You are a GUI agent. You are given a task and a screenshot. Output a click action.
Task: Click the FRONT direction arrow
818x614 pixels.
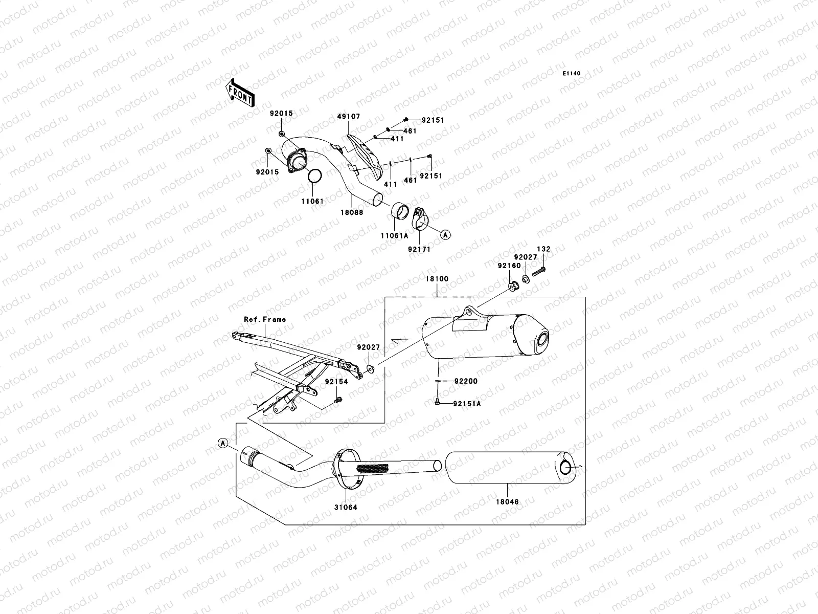tap(240, 93)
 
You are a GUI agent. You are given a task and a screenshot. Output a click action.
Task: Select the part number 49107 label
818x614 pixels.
tap(349, 117)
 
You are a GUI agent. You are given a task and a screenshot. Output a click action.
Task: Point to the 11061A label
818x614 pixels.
tap(394, 236)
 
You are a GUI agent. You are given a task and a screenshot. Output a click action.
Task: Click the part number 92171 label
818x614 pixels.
tap(419, 249)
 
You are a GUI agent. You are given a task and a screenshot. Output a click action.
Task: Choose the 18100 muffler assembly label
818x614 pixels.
tap(437, 279)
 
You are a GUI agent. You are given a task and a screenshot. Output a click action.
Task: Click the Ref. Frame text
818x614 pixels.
tap(265, 319)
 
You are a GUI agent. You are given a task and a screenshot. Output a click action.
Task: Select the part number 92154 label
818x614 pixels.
tap(335, 382)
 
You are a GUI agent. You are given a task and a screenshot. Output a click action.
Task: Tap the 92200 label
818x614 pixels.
tap(466, 381)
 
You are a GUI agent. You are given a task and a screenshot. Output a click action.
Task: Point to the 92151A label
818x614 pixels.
tap(467, 404)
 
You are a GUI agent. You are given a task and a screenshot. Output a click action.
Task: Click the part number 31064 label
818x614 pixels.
tap(346, 508)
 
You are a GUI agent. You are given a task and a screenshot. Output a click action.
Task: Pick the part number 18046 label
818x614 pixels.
tap(507, 502)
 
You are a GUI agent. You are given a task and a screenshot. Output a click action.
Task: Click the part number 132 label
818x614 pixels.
tap(543, 249)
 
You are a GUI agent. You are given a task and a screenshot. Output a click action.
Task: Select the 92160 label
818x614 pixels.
tap(509, 266)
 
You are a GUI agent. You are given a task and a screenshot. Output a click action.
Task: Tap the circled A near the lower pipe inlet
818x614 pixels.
tap(222, 443)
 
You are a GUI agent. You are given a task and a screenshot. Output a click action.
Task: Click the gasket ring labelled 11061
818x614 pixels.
tap(315, 177)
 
